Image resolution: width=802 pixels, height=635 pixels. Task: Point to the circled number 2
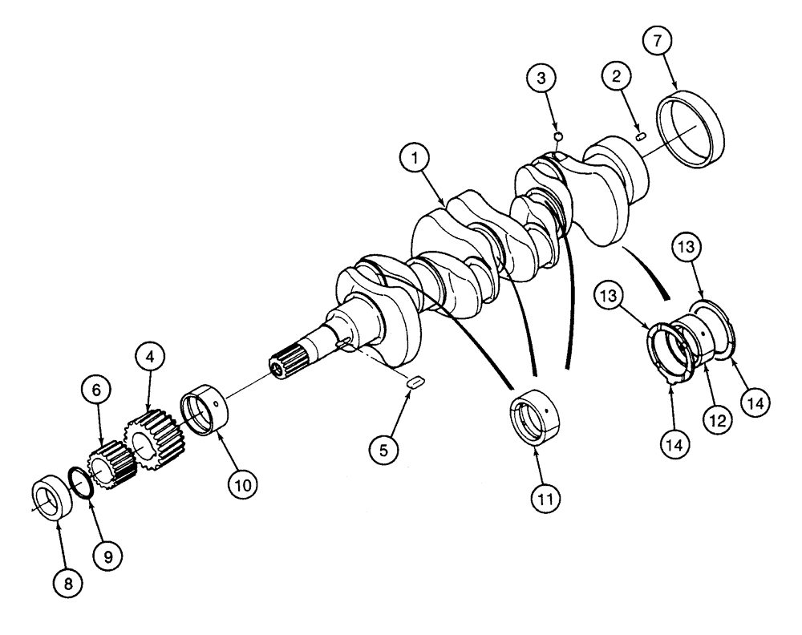(x=616, y=77)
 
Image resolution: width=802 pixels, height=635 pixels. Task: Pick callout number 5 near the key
(x=383, y=451)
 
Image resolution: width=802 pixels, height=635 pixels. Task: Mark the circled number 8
(x=67, y=584)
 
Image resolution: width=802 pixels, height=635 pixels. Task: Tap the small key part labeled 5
(x=416, y=382)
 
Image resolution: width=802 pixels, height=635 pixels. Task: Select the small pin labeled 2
(x=641, y=137)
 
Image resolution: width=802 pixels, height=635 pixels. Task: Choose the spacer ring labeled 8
(x=50, y=500)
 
